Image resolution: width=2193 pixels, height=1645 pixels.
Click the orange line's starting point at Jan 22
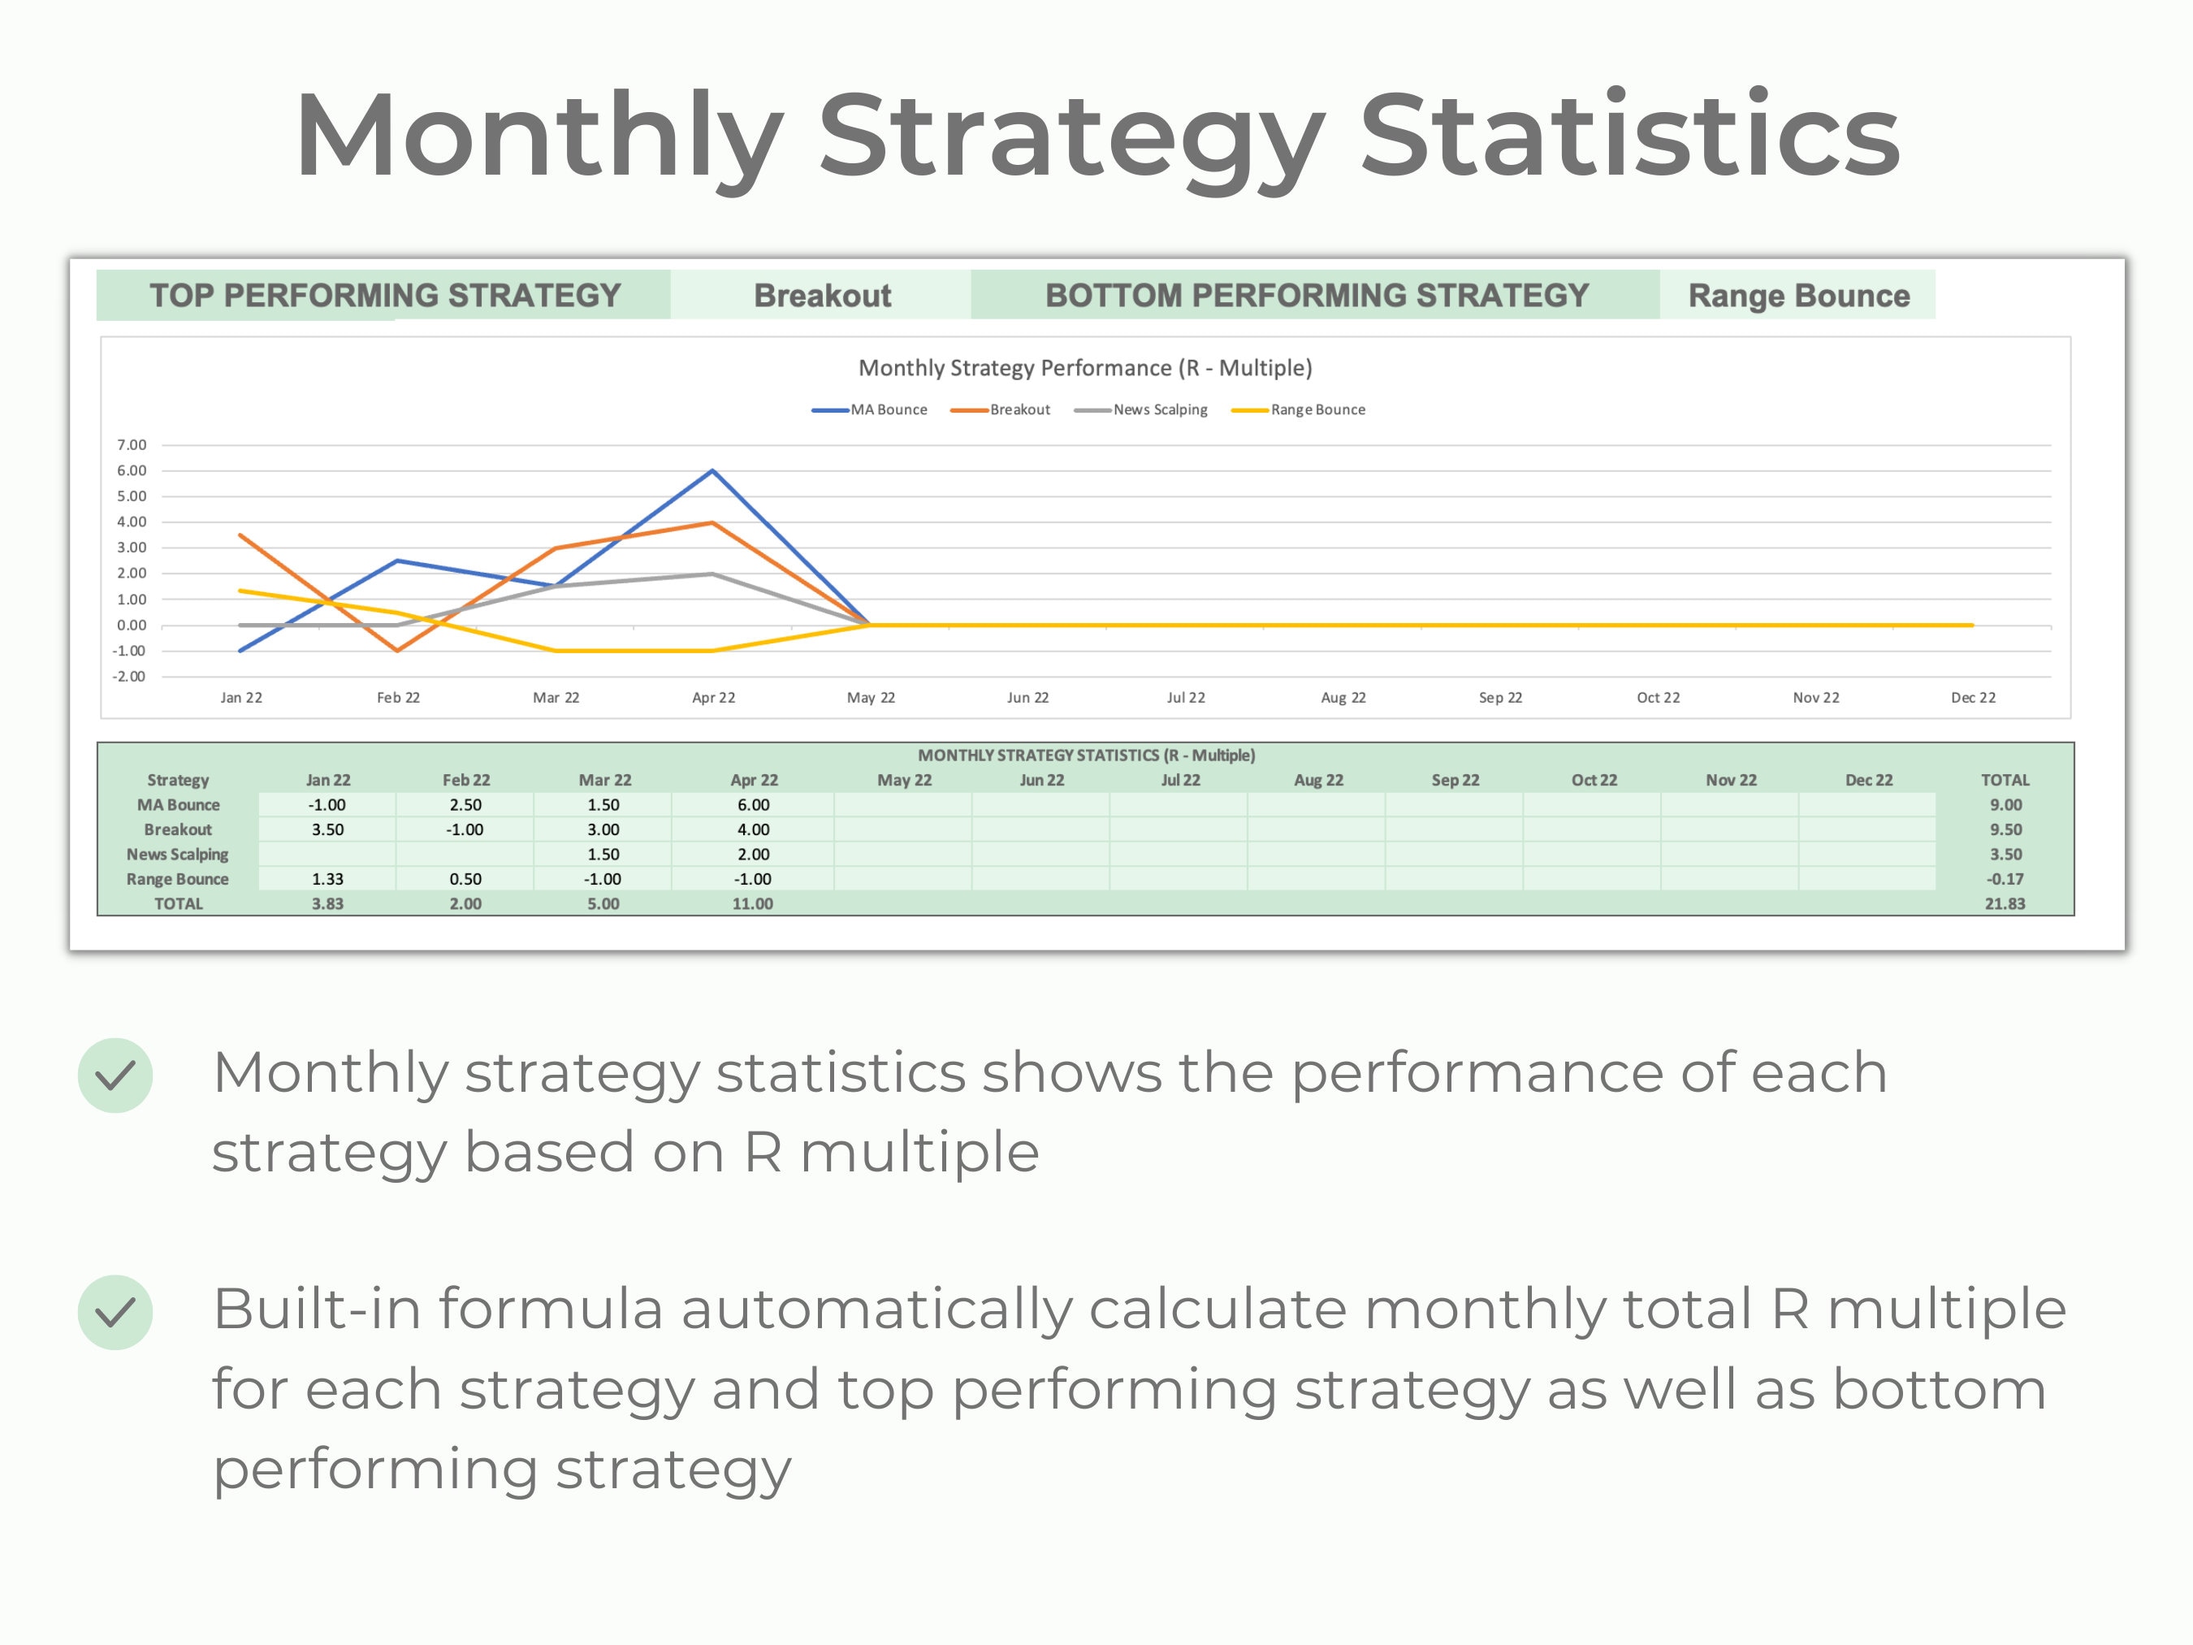(241, 535)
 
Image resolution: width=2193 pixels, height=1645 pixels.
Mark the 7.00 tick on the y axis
(131, 445)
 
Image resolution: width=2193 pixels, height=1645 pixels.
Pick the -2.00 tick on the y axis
(129, 676)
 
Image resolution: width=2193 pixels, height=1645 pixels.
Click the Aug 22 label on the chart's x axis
(1343, 698)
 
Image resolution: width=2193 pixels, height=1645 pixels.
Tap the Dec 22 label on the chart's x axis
(1973, 698)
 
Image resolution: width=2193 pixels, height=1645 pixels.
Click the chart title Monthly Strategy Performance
(1084, 368)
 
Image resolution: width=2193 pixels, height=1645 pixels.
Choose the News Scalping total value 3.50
(2005, 855)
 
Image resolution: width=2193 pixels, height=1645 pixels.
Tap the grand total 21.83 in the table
(2005, 904)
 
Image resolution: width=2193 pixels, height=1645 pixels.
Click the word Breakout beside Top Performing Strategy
(822, 296)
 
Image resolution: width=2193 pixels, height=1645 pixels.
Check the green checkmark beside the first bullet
(115, 1076)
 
